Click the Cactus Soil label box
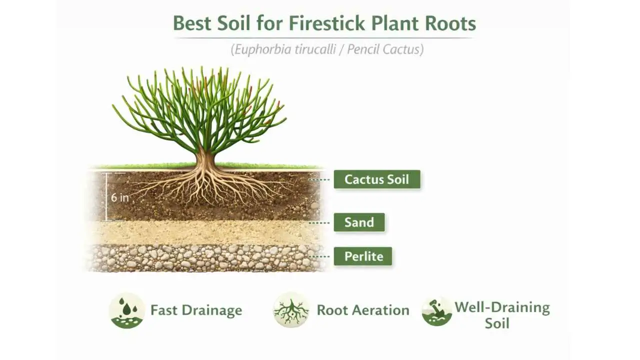tap(377, 179)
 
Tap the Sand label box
tap(359, 222)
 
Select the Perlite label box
tap(363, 256)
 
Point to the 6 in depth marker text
tap(119, 197)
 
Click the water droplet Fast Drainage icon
tap(127, 310)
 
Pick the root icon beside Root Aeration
tap(291, 310)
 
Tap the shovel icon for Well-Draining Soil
tap(436, 310)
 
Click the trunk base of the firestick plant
tap(205, 162)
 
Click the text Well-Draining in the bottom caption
tap(501, 307)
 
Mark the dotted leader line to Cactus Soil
tap(320, 179)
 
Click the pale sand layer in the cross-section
tap(200, 232)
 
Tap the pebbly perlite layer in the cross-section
tap(200, 257)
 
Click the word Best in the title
tap(190, 23)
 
